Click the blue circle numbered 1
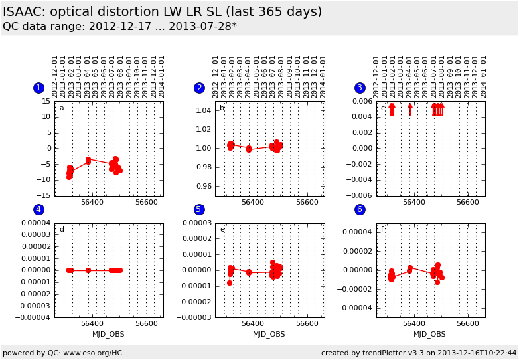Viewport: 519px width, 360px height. (x=38, y=88)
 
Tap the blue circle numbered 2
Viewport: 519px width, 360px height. (x=199, y=88)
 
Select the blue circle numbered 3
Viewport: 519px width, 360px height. (x=360, y=88)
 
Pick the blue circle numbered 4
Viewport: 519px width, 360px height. (x=38, y=209)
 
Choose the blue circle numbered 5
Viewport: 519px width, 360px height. (x=198, y=209)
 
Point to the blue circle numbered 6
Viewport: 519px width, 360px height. (x=360, y=209)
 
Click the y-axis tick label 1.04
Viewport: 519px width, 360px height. (x=204, y=110)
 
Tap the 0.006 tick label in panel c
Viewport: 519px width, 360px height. (x=362, y=102)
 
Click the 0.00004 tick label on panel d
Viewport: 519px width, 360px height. (x=36, y=223)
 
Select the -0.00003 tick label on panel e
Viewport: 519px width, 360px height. (x=194, y=317)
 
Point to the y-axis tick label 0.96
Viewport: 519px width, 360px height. (x=204, y=186)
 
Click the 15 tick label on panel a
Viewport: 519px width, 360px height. (x=46, y=102)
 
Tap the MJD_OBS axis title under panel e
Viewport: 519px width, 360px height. (x=269, y=335)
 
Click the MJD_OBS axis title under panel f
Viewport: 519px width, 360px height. (x=429, y=335)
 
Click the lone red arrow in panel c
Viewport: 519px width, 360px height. (x=410, y=110)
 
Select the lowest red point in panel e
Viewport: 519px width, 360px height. (x=230, y=283)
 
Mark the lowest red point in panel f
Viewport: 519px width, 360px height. (x=437, y=282)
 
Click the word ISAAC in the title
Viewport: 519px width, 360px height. (x=24, y=11)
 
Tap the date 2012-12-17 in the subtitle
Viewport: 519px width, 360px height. (x=120, y=26)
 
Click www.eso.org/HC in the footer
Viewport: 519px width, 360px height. (x=93, y=353)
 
